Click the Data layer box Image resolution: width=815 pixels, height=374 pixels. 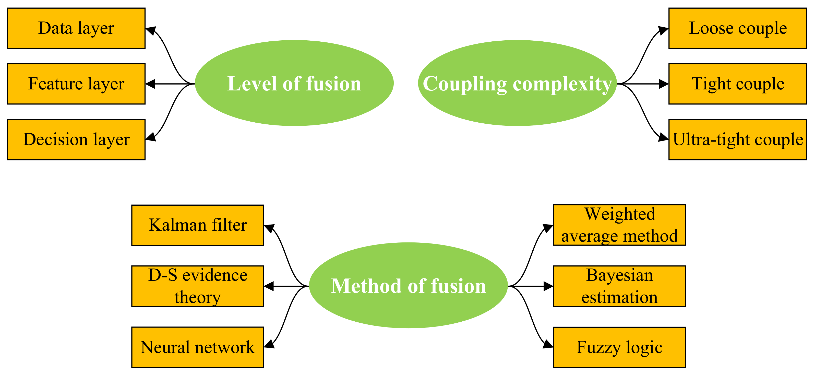76,28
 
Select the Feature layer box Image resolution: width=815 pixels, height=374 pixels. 76,84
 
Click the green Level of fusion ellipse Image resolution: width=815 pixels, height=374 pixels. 294,83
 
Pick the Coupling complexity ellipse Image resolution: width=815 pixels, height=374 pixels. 517,83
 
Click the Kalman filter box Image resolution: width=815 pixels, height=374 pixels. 198,225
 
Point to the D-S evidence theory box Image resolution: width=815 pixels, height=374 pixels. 198,286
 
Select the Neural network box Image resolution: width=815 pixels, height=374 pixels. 198,347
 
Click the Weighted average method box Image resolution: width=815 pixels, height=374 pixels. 619,225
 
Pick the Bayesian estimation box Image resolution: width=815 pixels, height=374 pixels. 619,286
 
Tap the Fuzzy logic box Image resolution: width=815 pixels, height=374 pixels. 619,347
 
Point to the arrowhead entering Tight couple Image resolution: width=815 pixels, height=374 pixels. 663,84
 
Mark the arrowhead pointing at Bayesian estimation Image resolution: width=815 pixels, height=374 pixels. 548,286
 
